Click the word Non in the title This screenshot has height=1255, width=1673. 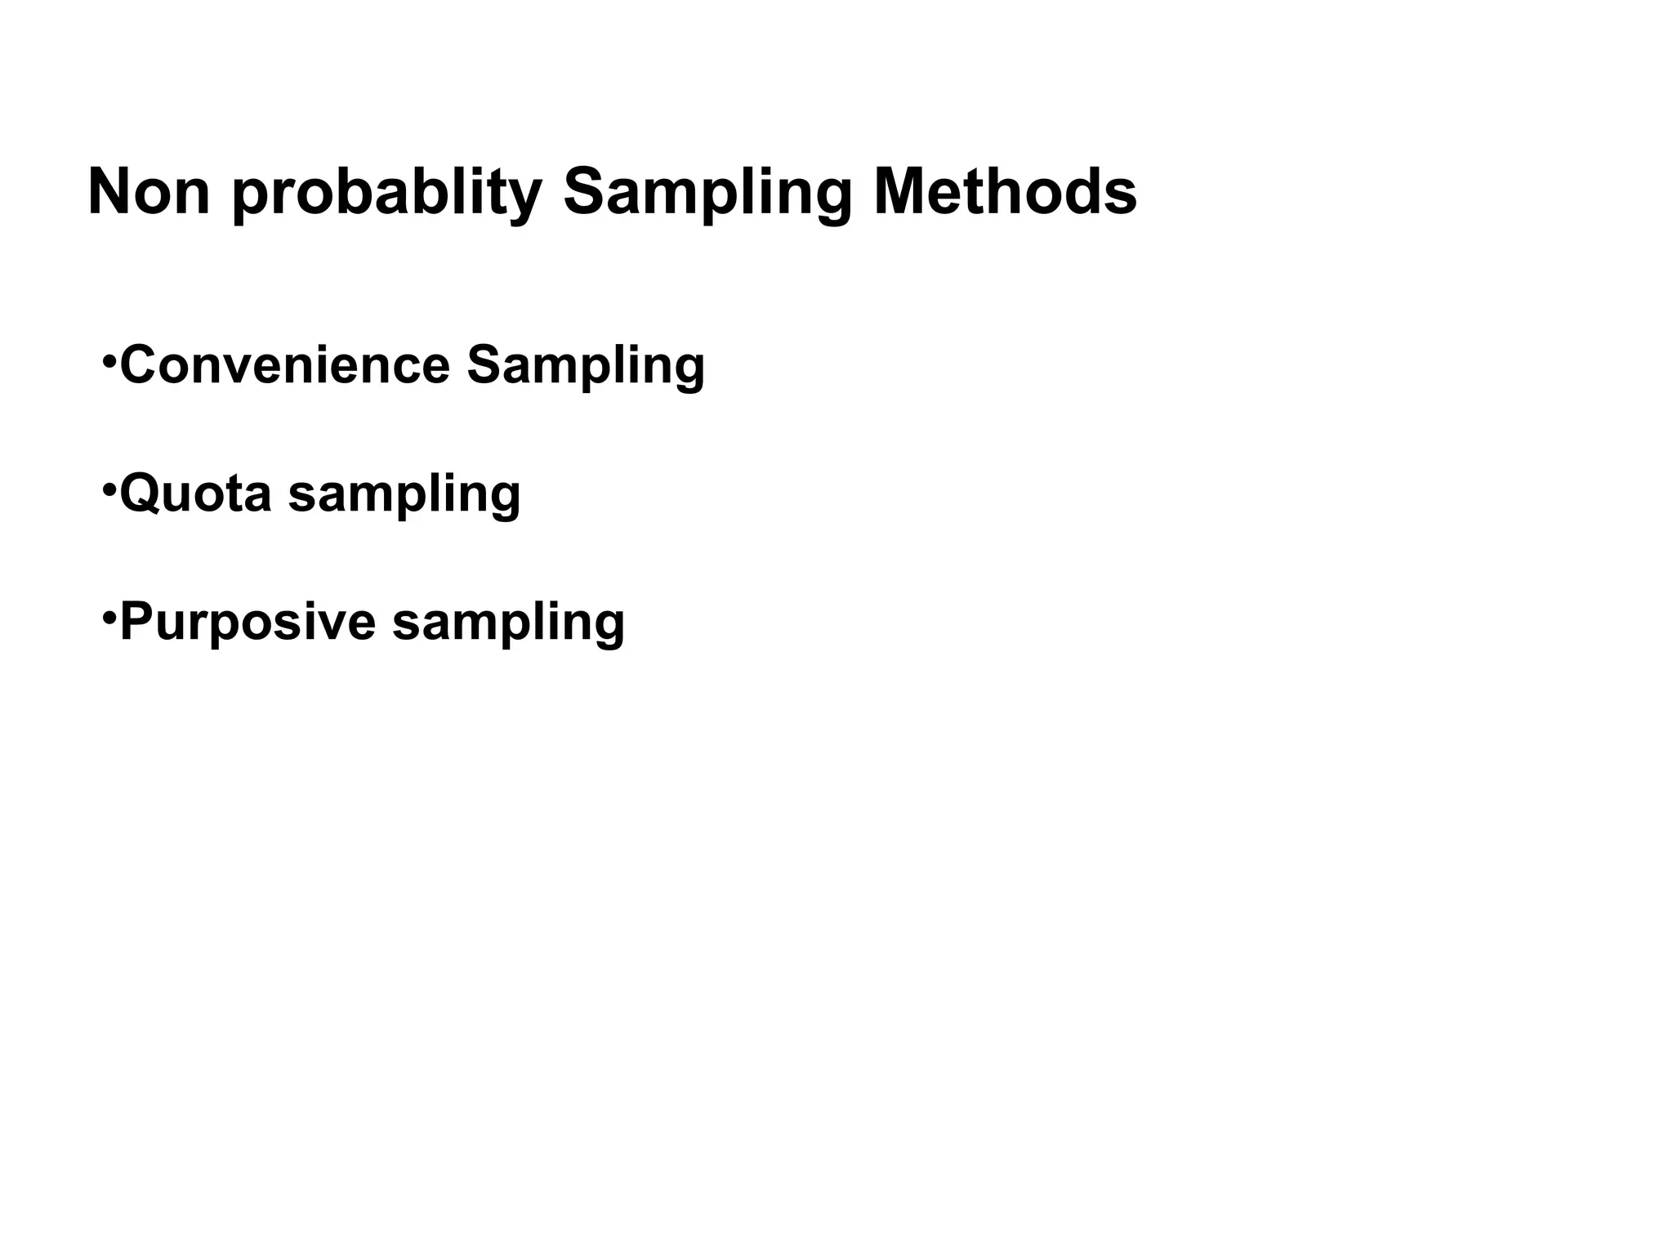[x=149, y=193]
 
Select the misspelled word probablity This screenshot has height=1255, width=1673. [x=387, y=194]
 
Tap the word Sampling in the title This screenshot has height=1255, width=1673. [x=707, y=194]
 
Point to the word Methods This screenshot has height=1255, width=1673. [x=1005, y=193]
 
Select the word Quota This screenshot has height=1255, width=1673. [x=195, y=494]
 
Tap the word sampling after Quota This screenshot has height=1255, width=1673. [x=404, y=495]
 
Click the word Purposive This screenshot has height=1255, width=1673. [x=248, y=623]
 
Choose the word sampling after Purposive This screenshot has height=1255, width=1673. [x=508, y=624]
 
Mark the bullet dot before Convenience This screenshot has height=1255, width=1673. [x=109, y=360]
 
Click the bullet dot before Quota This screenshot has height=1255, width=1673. [x=109, y=489]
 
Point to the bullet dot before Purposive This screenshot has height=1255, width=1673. [x=109, y=617]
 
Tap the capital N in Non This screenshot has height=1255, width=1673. [x=109, y=193]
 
